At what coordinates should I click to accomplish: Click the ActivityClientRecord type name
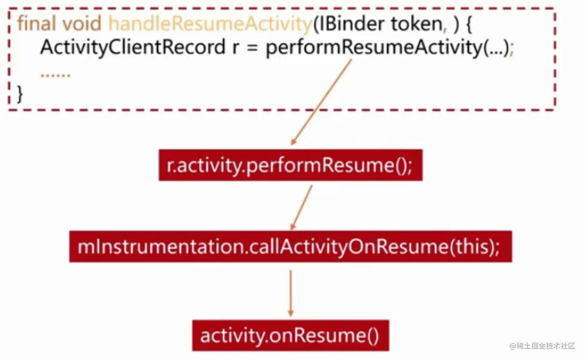(133, 47)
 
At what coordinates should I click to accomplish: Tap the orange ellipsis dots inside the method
(55, 75)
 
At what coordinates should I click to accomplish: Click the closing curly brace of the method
(20, 94)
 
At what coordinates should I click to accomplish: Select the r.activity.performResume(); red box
(290, 165)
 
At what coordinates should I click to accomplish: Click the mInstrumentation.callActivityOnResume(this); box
(290, 247)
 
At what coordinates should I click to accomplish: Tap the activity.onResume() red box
(290, 336)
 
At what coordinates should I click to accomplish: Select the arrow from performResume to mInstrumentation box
(302, 207)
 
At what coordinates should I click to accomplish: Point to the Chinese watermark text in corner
(543, 346)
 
